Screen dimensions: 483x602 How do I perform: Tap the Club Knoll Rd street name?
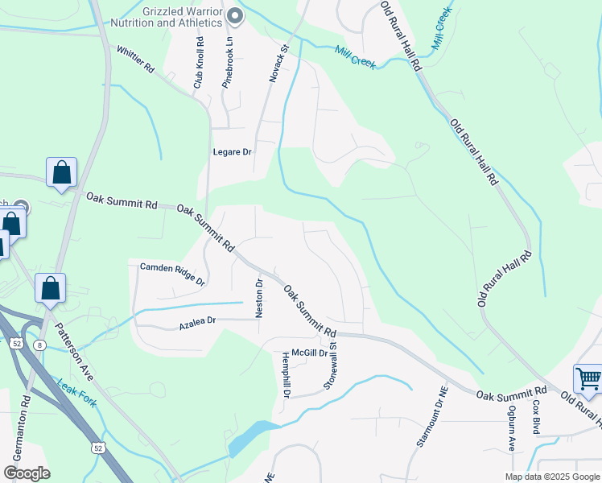(x=198, y=64)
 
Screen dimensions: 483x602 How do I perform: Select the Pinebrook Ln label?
(x=228, y=64)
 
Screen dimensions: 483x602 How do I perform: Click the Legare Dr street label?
(x=233, y=151)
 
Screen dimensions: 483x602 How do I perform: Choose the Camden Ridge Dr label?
(x=173, y=273)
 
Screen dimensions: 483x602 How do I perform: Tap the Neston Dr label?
(x=259, y=298)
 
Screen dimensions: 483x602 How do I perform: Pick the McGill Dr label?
(x=310, y=353)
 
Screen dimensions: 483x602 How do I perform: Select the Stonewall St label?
(x=330, y=367)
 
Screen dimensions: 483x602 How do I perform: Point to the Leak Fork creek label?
(x=76, y=392)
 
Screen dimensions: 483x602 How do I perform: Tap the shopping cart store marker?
(x=588, y=378)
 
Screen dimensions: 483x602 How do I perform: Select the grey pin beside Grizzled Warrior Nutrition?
(x=235, y=14)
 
